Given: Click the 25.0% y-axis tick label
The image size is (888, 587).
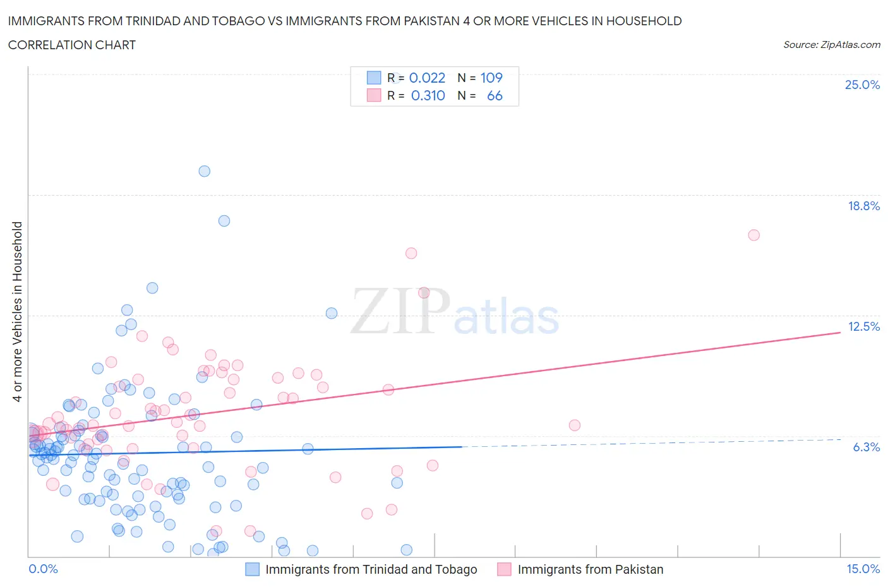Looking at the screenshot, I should [x=862, y=85].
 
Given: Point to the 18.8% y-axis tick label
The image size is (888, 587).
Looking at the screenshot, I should [x=863, y=206].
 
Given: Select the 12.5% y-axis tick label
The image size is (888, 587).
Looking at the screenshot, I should [x=863, y=326].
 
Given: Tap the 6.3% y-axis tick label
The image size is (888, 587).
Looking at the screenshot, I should [x=866, y=447].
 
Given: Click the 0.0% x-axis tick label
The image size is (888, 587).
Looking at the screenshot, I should [x=43, y=569].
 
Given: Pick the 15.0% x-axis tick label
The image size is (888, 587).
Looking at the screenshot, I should [x=863, y=569].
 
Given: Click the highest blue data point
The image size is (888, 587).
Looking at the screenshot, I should [x=204, y=171].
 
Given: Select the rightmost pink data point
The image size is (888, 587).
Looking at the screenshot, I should [x=753, y=235].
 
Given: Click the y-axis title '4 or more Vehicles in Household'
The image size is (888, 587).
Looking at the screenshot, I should [x=17, y=311].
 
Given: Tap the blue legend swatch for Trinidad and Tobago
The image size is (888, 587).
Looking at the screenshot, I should [x=252, y=569].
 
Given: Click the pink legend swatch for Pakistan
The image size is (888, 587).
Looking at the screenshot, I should [x=504, y=569].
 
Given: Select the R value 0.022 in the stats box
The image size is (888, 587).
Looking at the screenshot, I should [x=428, y=78].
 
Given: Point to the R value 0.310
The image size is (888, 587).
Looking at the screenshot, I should [x=428, y=95].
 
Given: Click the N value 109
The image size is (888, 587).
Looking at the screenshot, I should [x=491, y=78].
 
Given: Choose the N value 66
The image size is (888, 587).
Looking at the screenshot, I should [x=495, y=95].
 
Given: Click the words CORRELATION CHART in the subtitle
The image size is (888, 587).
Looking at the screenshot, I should [x=72, y=45].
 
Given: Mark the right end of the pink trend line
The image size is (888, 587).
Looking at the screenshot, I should [x=840, y=332].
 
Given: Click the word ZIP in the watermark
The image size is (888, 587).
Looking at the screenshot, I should [x=399, y=311].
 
